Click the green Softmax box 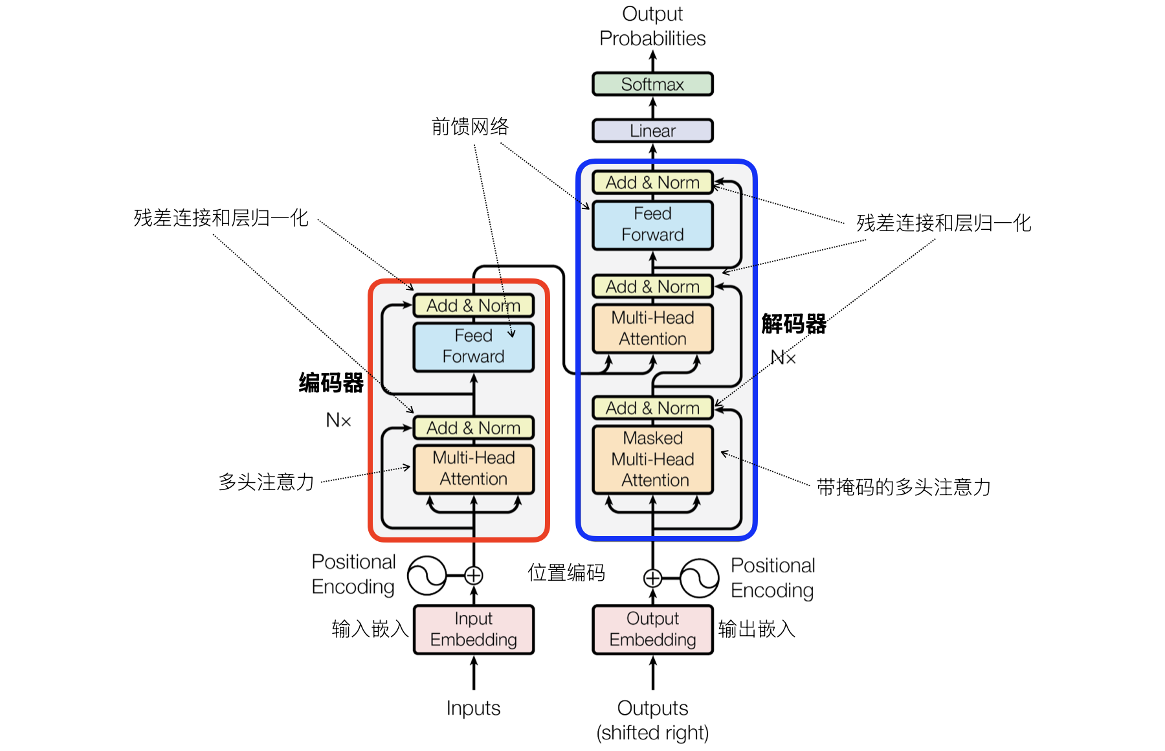point(652,84)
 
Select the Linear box point(652,131)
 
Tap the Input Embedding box point(474,629)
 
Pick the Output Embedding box point(652,629)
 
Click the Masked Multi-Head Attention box point(652,459)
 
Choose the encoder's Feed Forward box point(474,346)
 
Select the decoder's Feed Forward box point(652,225)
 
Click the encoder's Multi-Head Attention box point(474,469)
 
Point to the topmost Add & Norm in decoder point(652,183)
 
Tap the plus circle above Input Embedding point(474,575)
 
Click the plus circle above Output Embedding point(652,577)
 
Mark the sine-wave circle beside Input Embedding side point(427,575)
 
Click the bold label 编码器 point(331,383)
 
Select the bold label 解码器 point(794,324)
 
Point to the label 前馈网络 point(471,127)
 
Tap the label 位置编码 point(566,573)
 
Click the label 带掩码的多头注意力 point(904,488)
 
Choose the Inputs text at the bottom point(473,708)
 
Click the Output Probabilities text point(652,26)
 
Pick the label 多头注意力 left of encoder point(266,482)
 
